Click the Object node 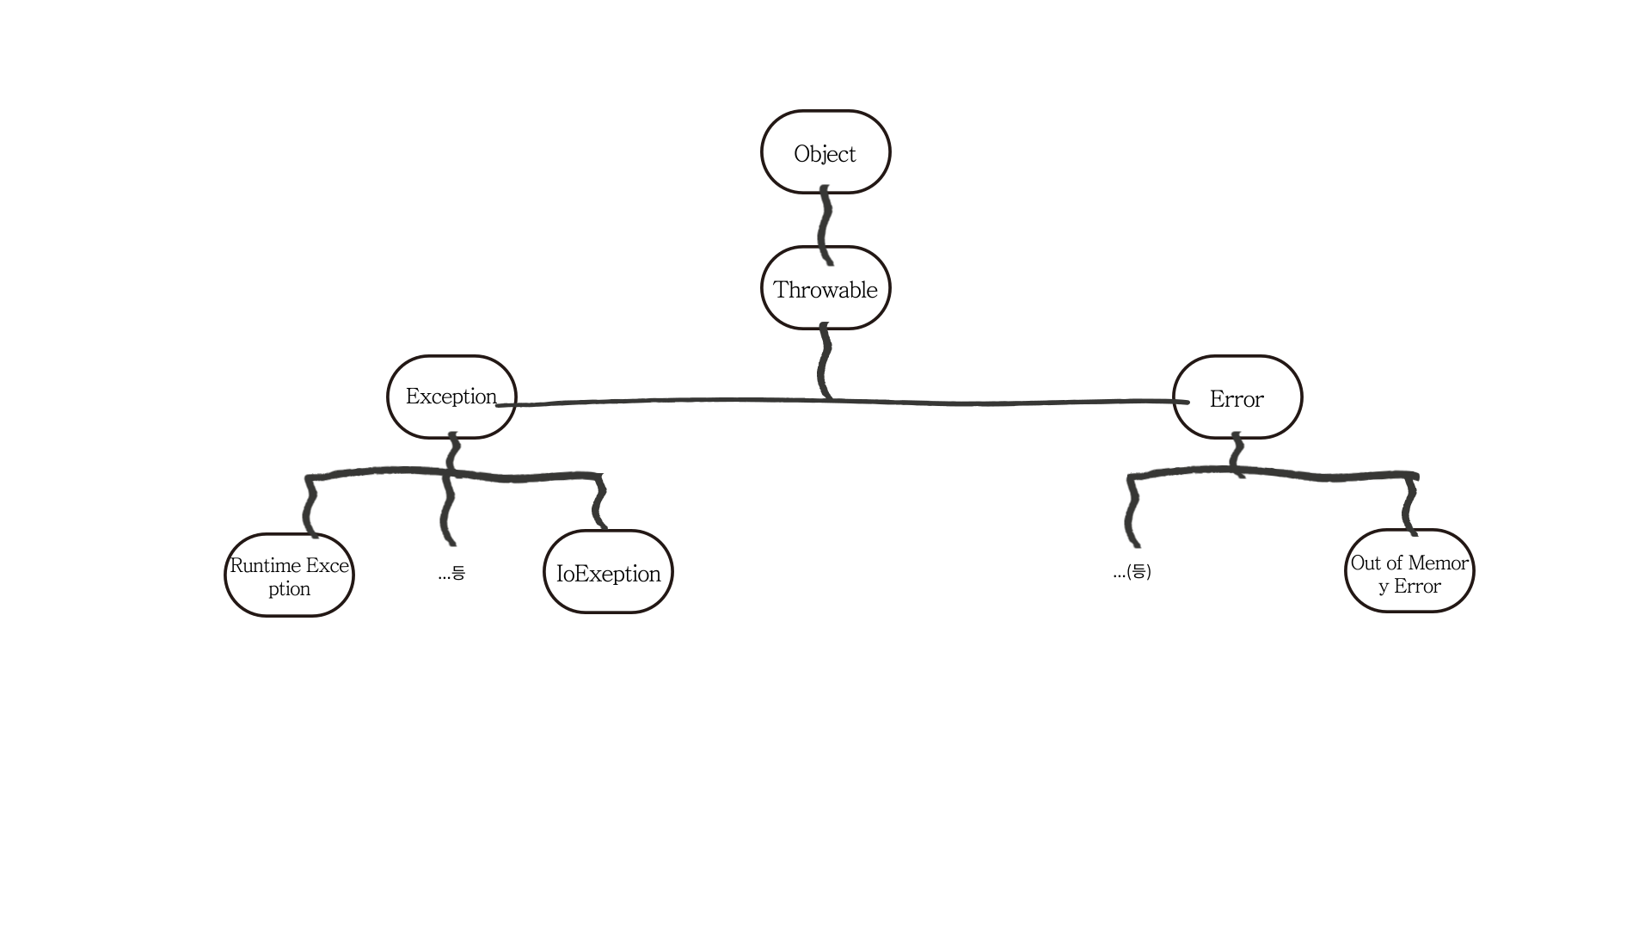click(825, 152)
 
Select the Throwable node click(825, 289)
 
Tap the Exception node click(451, 397)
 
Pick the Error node click(1237, 398)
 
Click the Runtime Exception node click(289, 575)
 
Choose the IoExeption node click(608, 573)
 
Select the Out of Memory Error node click(1409, 573)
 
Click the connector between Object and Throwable click(825, 221)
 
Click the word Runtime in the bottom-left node click(265, 566)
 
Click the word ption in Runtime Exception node click(289, 589)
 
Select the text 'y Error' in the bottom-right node click(1409, 587)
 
